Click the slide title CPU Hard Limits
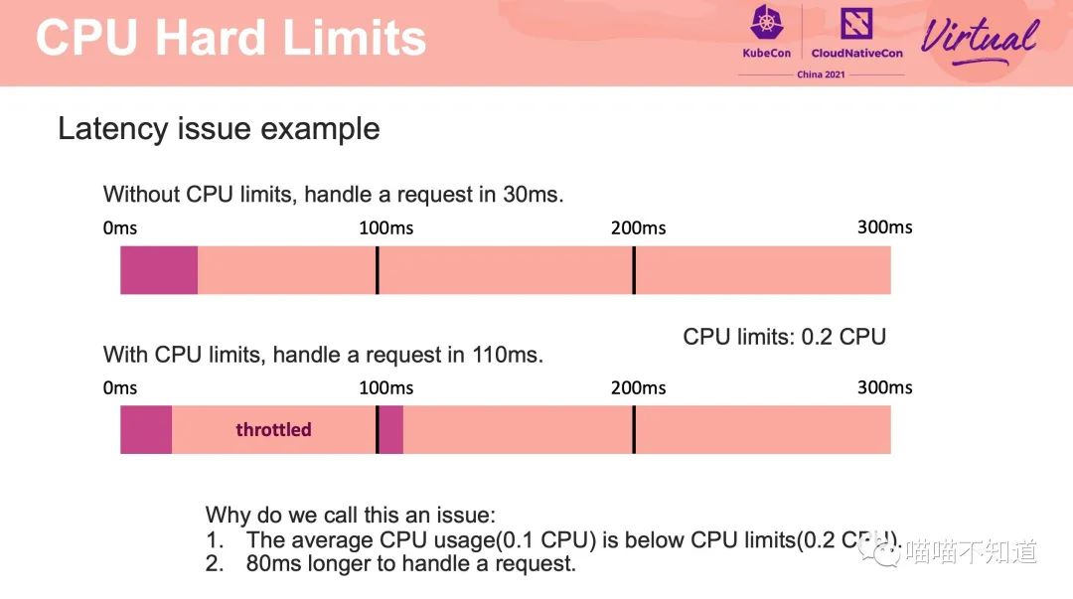pos(230,37)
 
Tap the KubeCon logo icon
pos(766,22)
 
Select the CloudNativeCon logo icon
pos(856,23)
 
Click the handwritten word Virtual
pos(980,39)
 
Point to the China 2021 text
pos(821,74)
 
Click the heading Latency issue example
pos(219,129)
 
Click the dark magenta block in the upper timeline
pos(159,270)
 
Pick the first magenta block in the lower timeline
pos(146,429)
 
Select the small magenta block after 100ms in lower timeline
pos(390,429)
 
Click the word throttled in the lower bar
pos(274,429)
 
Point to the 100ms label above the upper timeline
pos(385,227)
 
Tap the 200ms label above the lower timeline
pos(639,388)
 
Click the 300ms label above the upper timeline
pos(885,227)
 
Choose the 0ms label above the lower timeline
pos(120,388)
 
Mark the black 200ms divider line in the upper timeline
pos(634,270)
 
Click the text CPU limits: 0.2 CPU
pos(784,337)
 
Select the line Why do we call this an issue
pos(351,515)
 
